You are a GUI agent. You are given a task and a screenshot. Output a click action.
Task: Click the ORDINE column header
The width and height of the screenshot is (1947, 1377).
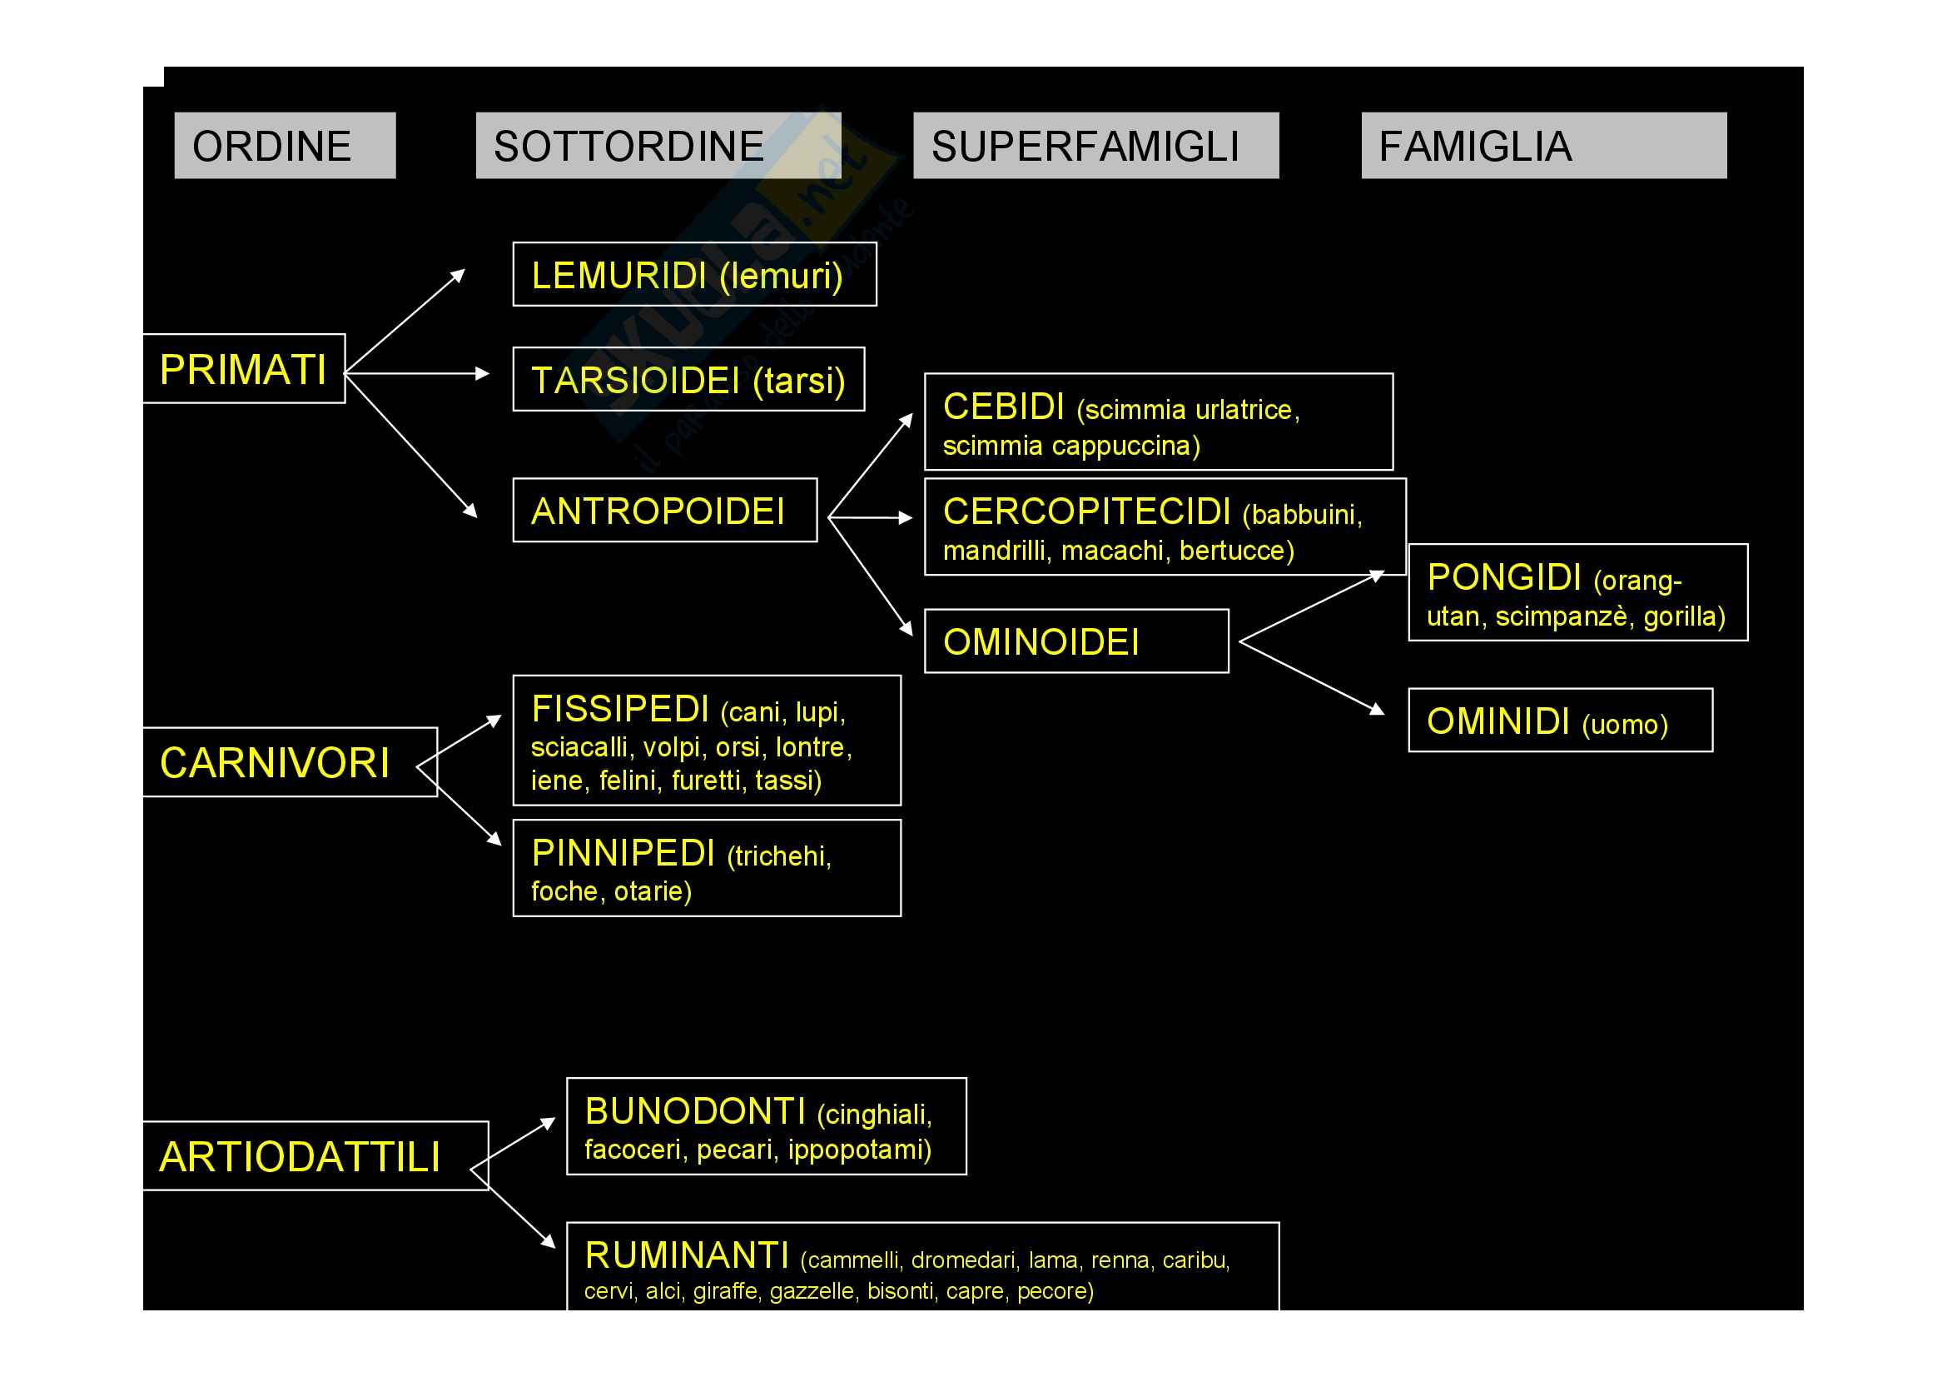click(x=284, y=146)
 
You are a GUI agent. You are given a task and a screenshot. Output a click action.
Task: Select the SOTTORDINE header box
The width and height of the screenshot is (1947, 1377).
click(x=658, y=146)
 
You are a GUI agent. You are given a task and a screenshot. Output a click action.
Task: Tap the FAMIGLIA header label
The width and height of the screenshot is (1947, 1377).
click(x=1543, y=146)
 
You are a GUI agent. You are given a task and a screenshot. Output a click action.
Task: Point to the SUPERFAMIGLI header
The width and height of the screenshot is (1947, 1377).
click(x=1095, y=146)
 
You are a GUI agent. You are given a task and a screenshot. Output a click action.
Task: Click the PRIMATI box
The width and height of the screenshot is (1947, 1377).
click(x=244, y=369)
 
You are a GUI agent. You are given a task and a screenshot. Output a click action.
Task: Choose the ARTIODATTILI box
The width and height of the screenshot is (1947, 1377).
click(x=315, y=1155)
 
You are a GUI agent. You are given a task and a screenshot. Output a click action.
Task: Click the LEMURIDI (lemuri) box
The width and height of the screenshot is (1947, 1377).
click(x=694, y=274)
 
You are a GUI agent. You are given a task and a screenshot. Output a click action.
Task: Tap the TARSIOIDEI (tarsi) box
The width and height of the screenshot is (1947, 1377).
click(x=688, y=379)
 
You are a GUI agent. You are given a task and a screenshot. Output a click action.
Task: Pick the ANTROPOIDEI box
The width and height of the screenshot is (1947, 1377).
click(x=665, y=510)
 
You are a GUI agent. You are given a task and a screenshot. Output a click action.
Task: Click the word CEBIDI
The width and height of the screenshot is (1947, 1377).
click(x=1004, y=407)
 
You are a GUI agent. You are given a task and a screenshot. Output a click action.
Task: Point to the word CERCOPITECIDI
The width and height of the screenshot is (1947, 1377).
click(x=1087, y=511)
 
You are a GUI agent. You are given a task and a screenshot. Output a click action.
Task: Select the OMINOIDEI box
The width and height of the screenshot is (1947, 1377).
click(x=1076, y=641)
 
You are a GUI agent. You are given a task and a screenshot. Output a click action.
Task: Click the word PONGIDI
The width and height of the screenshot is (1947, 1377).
click(x=1503, y=577)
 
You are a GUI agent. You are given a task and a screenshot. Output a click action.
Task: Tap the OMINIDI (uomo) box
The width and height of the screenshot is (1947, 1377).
click(x=1560, y=721)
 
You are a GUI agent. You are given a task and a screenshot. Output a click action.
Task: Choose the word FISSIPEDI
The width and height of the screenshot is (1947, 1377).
click(x=620, y=708)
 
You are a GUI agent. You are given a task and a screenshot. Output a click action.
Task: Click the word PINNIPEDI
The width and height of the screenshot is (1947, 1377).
click(x=623, y=853)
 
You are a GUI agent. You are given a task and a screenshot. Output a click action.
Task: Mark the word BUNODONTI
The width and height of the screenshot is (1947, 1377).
click(x=695, y=1110)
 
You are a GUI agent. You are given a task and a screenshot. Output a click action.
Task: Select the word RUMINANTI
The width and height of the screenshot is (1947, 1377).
click(x=687, y=1255)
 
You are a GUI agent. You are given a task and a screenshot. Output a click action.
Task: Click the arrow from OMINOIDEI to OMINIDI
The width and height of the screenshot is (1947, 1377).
click(x=1313, y=677)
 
